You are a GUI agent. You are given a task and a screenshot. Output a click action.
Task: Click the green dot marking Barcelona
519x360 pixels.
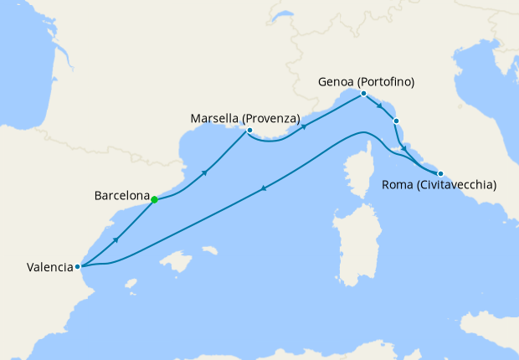(x=154, y=199)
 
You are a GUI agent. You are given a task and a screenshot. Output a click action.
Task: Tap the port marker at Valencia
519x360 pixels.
(x=78, y=267)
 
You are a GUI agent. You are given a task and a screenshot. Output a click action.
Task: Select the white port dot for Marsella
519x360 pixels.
(x=249, y=131)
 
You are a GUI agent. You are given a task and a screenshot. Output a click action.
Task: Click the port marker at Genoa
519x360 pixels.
(x=363, y=94)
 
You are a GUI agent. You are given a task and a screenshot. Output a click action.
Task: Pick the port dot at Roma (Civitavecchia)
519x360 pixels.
(x=440, y=173)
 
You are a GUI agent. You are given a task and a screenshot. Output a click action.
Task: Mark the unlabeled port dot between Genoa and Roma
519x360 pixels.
(x=397, y=122)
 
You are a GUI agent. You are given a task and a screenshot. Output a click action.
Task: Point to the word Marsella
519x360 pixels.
(x=216, y=119)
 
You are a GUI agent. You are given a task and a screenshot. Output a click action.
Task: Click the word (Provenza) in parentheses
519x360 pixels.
(x=271, y=119)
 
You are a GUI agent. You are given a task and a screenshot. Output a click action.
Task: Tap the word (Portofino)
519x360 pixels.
(x=388, y=82)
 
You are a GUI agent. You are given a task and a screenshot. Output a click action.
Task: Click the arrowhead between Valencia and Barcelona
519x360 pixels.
(x=116, y=239)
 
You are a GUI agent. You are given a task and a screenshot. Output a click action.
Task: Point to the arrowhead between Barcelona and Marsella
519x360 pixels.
(x=204, y=172)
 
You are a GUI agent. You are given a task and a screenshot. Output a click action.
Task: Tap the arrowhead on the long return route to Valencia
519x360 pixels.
(x=265, y=188)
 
